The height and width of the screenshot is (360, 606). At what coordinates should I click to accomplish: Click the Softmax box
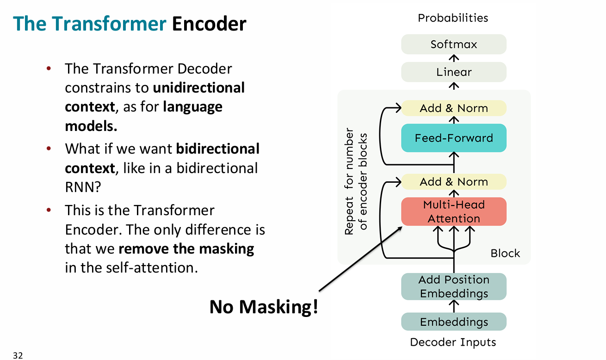pos(453,44)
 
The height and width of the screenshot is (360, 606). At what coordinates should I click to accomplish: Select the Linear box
pos(453,72)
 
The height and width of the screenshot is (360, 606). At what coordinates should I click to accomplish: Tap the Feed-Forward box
pos(453,138)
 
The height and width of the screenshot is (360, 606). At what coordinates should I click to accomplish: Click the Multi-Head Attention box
pos(453,211)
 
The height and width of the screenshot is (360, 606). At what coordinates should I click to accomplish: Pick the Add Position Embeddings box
pos(453,286)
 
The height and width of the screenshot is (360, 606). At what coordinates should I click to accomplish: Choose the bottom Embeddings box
pos(453,322)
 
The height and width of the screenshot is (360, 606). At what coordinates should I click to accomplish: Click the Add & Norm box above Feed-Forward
pos(453,108)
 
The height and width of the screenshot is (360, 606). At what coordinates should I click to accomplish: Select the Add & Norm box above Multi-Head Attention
pos(453,182)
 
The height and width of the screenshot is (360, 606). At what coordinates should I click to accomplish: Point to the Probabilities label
pos(453,18)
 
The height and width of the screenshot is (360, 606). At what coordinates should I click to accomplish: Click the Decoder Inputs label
pos(453,342)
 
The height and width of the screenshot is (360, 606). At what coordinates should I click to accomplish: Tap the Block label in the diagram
pos(505,254)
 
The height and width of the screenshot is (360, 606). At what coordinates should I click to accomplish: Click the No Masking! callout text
pos(264,307)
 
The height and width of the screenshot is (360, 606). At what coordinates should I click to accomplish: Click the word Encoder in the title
pos(209,24)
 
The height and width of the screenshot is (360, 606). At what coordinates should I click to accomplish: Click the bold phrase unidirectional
pos(198,88)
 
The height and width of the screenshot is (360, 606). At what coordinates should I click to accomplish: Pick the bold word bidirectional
pos(217,149)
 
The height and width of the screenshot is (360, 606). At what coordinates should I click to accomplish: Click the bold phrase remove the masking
pos(186,249)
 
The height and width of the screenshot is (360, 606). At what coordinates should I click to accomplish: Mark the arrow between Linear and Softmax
pos(454,58)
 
